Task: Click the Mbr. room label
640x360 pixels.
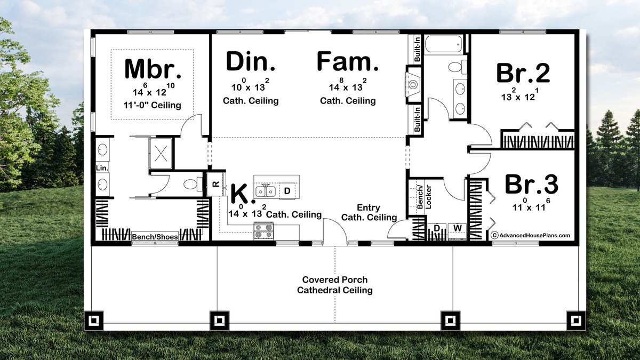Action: (153, 69)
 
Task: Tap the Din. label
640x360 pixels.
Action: (251, 62)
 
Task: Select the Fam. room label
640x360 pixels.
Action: (348, 62)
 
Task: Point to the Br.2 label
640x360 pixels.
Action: (523, 74)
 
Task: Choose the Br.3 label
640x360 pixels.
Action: (531, 185)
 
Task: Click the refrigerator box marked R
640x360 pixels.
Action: (215, 184)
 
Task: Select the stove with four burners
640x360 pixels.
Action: (263, 230)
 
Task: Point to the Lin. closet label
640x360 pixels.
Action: (102, 168)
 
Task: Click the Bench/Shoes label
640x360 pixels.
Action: (155, 237)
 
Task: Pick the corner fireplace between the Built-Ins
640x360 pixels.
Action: (414, 84)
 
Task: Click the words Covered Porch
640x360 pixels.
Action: (334, 279)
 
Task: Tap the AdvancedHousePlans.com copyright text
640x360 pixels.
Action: (530, 235)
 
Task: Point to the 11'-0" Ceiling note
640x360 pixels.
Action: (153, 105)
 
